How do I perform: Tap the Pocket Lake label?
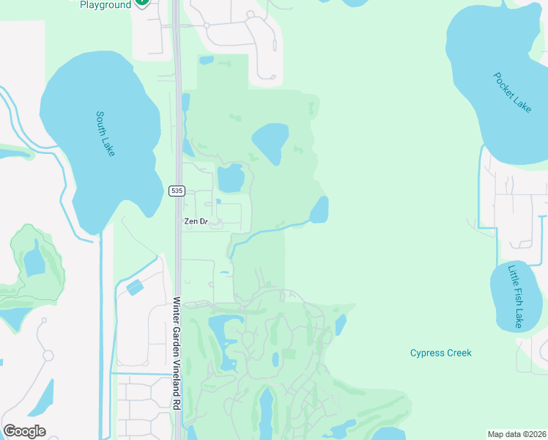(512, 92)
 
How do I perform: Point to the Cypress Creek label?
(440, 353)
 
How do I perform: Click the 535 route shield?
(176, 191)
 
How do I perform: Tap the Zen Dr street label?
(196, 221)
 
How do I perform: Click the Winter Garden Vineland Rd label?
(177, 353)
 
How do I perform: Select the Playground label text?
(105, 4)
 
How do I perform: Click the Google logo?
(24, 431)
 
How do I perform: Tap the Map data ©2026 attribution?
(516, 434)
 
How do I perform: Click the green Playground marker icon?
(142, 2)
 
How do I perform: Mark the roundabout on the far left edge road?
(48, 356)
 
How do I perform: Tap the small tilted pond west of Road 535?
(135, 287)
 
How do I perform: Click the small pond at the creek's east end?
(319, 210)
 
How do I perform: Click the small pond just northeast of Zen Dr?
(230, 177)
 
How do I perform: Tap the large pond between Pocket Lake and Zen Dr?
(270, 142)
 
